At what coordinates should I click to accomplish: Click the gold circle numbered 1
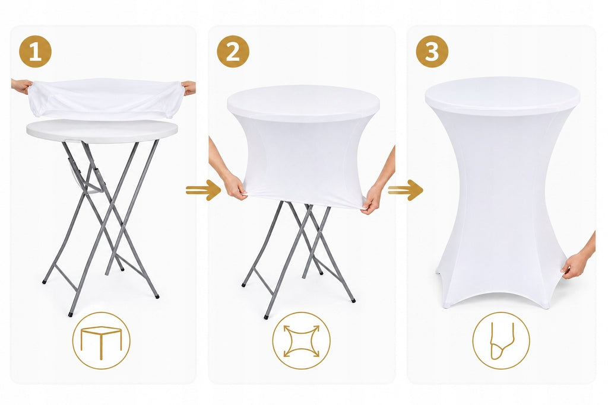[x=35, y=52]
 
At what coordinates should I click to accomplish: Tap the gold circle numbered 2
[x=233, y=52]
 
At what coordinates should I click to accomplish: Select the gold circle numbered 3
[x=432, y=52]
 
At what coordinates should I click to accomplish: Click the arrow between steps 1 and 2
[x=203, y=190]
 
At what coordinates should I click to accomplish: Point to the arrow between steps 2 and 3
[x=405, y=190]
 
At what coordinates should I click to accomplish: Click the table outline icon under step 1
[x=101, y=341]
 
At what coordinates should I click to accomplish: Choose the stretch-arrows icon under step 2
[x=301, y=341]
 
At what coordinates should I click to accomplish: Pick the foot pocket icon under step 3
[x=501, y=341]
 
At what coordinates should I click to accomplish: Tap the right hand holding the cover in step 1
[x=189, y=88]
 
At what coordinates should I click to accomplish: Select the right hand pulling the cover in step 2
[x=371, y=199]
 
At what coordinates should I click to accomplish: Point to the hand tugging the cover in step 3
[x=575, y=266]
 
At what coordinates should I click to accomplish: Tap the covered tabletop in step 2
[x=303, y=103]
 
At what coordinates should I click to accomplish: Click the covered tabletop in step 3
[x=502, y=96]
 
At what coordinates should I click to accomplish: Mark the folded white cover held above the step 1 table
[x=106, y=98]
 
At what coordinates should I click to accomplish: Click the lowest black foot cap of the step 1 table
[x=71, y=314]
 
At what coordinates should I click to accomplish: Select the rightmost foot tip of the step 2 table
[x=353, y=300]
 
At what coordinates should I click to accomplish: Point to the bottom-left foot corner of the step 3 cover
[x=446, y=307]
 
